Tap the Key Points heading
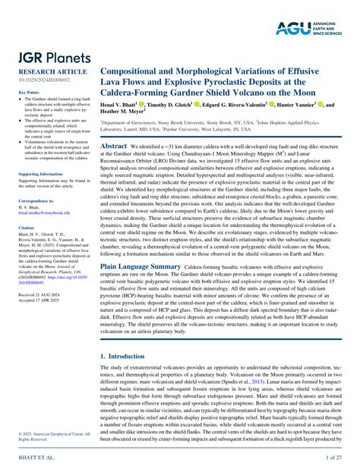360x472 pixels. pyautogui.click(x=28, y=93)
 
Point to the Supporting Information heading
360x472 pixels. pyautogui.click(x=39, y=174)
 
